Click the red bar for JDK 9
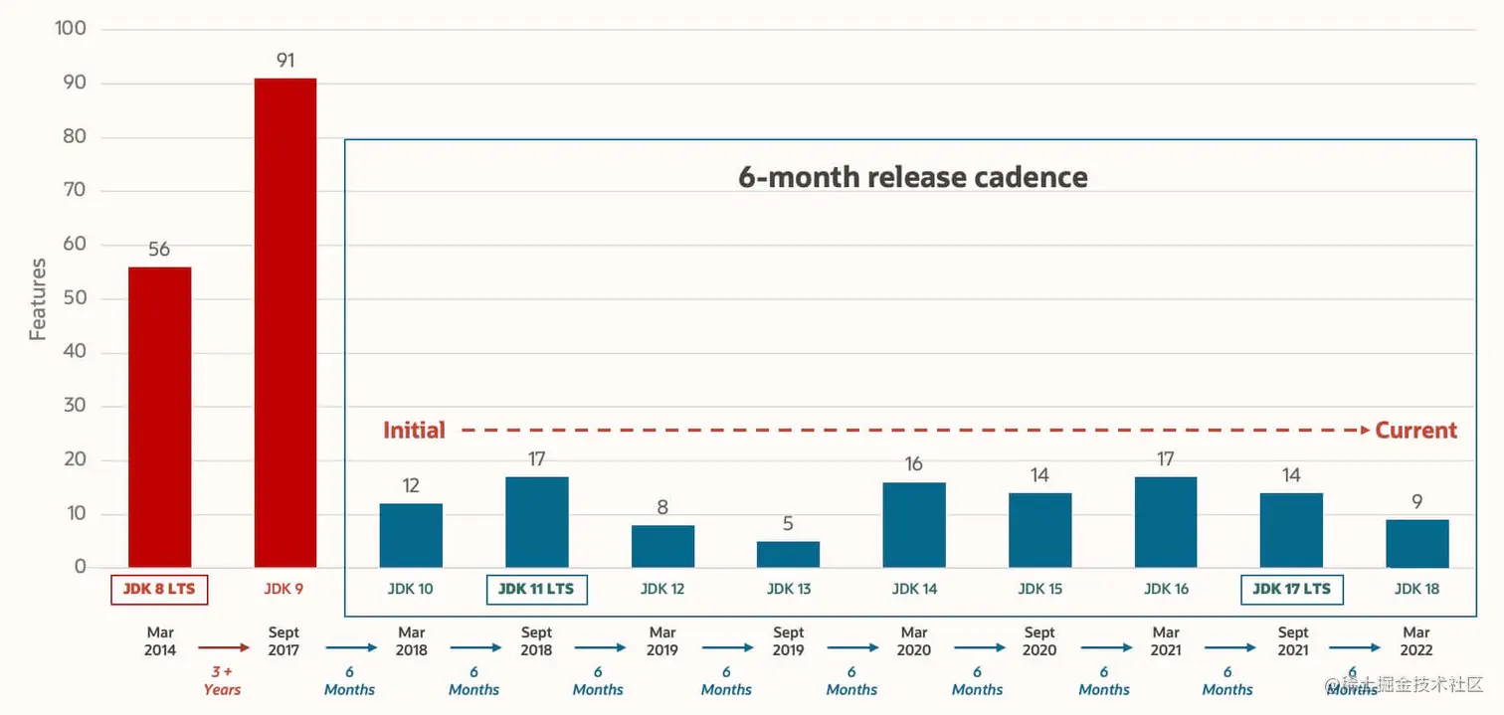coord(285,323)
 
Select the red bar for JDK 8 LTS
coord(159,418)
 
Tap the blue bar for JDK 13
coord(788,555)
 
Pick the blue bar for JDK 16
coord(1166,522)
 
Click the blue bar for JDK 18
coord(1417,544)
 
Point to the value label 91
coord(285,61)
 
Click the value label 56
coord(159,250)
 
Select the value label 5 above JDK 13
coord(788,524)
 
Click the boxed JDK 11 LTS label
coord(536,589)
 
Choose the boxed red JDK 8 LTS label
coord(159,589)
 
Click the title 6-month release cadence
coord(912,177)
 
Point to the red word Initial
coord(414,431)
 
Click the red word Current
coord(1415,431)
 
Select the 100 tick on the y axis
coord(71,29)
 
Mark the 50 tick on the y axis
coord(75,298)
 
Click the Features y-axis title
coord(38,299)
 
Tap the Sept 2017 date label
coord(284,641)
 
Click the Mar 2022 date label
coord(1416,641)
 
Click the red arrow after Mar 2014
coord(223,648)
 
